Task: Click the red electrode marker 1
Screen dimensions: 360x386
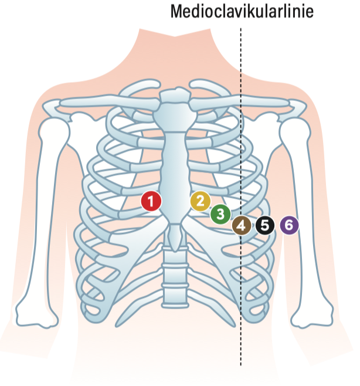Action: [x=151, y=201]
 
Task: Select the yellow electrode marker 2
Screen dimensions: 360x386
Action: [x=201, y=201]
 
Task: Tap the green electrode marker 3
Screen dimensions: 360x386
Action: [x=220, y=214]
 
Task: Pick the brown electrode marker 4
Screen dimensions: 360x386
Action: [x=242, y=225]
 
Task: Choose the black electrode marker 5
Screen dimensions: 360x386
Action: [x=265, y=225]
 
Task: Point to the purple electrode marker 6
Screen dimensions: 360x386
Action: [x=289, y=225]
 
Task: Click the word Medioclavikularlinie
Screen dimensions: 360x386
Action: [x=242, y=11]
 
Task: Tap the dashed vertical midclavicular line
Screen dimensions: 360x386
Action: [x=240, y=197]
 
